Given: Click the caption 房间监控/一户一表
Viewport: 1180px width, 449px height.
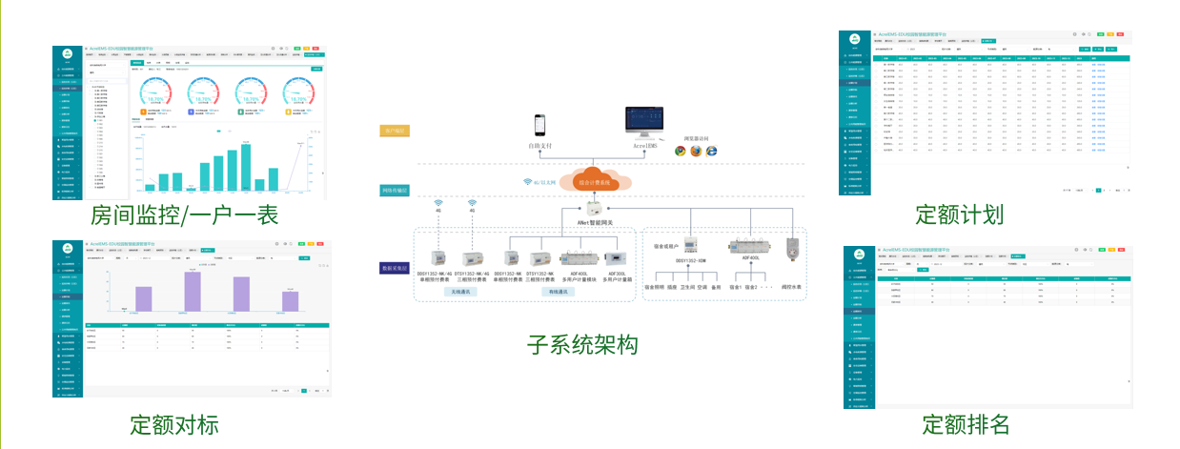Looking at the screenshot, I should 184,215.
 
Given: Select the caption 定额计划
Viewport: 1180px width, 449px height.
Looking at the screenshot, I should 959,214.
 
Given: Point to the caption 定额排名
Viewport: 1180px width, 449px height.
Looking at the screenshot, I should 965,423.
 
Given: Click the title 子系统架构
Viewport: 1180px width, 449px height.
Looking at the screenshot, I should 581,345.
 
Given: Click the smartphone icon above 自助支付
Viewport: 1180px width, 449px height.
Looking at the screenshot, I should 540,127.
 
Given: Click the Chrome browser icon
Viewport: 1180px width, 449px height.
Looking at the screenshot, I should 681,151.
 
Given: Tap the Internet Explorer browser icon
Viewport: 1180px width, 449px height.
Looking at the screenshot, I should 711,151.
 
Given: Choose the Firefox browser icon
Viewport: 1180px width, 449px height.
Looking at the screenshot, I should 696,151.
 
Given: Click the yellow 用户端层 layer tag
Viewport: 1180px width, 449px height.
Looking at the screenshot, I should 394,131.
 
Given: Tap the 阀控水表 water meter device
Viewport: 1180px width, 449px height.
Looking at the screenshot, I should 788,249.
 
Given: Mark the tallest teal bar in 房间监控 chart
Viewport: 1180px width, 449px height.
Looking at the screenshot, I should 245,167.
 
